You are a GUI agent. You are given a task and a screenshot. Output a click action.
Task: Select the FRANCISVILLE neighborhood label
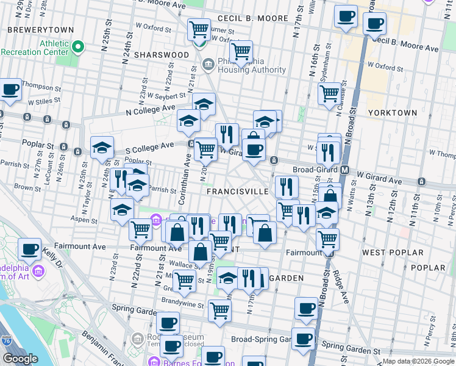(237, 191)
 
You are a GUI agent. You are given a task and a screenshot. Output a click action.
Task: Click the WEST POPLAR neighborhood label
(392, 252)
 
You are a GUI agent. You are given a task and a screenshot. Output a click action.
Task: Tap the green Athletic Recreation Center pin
(78, 46)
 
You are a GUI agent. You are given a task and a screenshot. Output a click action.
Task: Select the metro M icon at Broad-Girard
(345, 170)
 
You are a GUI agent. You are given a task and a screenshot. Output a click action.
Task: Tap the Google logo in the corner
(20, 359)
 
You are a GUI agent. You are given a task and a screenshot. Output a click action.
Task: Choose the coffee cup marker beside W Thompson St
(10, 90)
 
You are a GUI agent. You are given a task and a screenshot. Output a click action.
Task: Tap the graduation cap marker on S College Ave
(102, 148)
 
